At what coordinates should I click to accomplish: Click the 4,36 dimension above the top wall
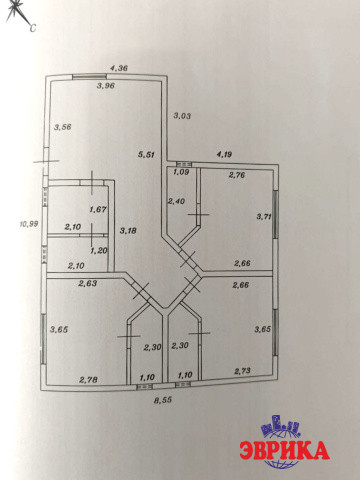(119, 68)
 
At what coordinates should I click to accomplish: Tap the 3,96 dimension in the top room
(106, 86)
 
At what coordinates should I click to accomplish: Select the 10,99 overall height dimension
(29, 224)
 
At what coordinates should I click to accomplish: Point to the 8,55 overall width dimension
(163, 400)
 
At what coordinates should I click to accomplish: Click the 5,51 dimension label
(147, 154)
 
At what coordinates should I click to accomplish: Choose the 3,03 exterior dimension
(182, 116)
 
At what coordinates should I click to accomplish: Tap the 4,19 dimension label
(224, 154)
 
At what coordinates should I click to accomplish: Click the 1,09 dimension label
(181, 172)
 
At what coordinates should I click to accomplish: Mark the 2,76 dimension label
(237, 175)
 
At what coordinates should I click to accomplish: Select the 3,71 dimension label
(264, 217)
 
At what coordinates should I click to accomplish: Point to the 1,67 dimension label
(98, 210)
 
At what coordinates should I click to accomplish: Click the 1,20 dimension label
(99, 250)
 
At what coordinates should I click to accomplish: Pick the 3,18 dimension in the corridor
(128, 231)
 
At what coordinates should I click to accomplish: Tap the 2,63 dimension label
(88, 283)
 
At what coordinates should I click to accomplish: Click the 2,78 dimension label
(88, 379)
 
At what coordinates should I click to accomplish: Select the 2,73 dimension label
(242, 371)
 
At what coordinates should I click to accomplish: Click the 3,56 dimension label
(63, 127)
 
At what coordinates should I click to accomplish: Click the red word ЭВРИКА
(284, 450)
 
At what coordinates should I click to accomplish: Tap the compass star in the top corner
(16, 11)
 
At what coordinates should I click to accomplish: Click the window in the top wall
(88, 76)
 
